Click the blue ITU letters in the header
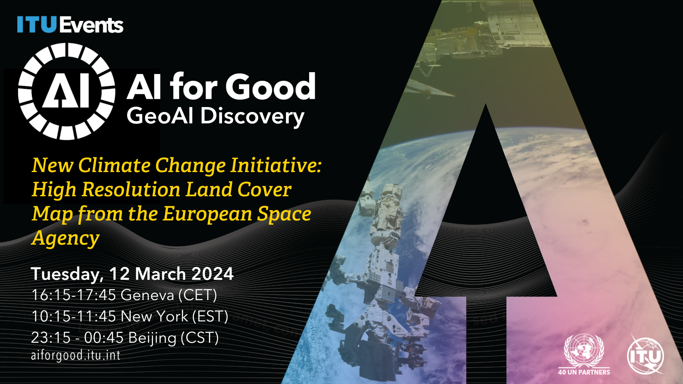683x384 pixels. point(37,25)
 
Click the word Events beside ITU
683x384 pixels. point(91,25)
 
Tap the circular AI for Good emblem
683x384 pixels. point(67,91)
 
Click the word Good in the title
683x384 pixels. point(270,87)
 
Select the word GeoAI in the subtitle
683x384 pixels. point(159,116)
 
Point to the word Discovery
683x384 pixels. point(252,117)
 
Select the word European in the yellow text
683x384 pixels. point(207,214)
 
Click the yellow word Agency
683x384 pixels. point(65,238)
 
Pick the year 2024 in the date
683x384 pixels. point(212,274)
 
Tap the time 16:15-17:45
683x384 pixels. point(74,295)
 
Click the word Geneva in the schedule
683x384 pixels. point(147,295)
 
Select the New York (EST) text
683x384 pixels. point(174,316)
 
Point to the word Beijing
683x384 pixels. point(152,338)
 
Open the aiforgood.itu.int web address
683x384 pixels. point(75,355)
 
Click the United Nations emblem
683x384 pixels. point(584,350)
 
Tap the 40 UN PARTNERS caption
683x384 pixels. point(584,372)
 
